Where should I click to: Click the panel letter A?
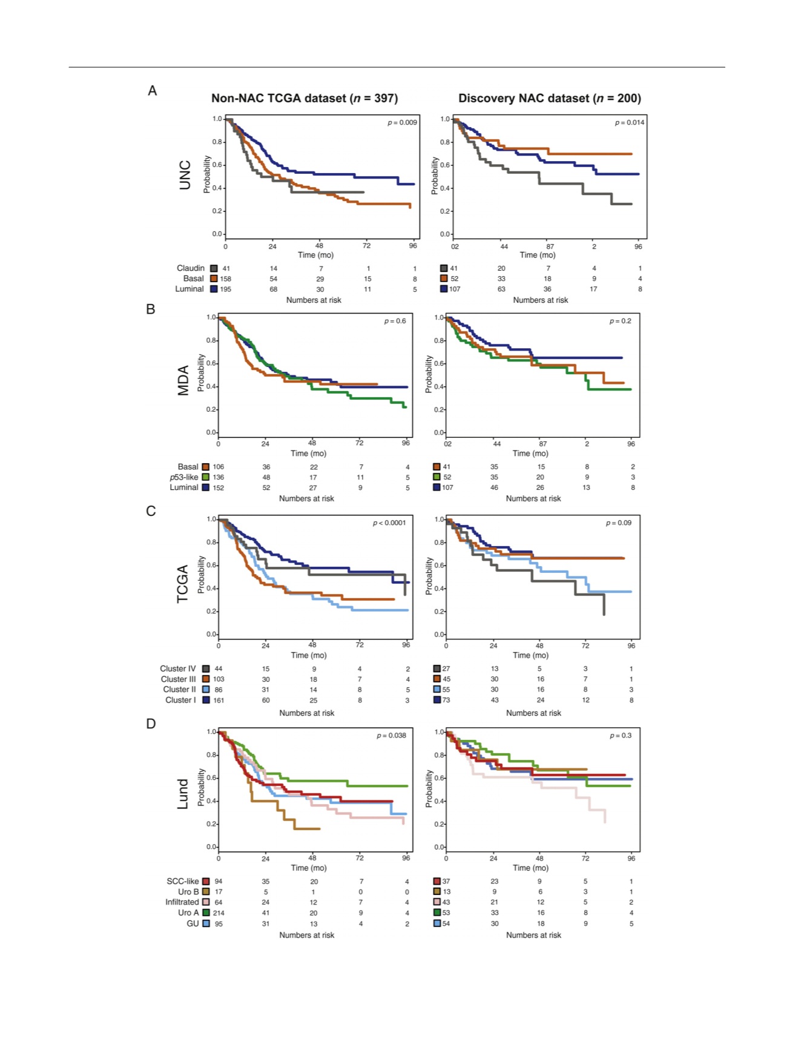pyautogui.click(x=153, y=91)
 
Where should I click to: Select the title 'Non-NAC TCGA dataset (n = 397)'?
pyautogui.click(x=305, y=98)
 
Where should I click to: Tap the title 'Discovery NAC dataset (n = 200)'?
pyautogui.click(x=550, y=98)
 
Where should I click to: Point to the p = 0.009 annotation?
pyautogui.click(x=403, y=122)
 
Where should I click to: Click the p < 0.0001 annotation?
pyautogui.click(x=389, y=523)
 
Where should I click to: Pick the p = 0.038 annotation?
pyautogui.click(x=392, y=735)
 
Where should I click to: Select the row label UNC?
pyautogui.click(x=185, y=175)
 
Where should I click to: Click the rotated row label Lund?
pyautogui.click(x=183, y=794)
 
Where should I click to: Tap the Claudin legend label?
pyautogui.click(x=191, y=268)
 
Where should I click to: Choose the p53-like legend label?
pyautogui.click(x=184, y=477)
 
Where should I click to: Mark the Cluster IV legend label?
pyautogui.click(x=178, y=669)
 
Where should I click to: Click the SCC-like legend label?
pyautogui.click(x=183, y=881)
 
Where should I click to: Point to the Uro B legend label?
pyautogui.click(x=188, y=891)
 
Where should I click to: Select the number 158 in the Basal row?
pyautogui.click(x=226, y=279)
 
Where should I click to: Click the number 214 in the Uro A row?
pyautogui.click(x=219, y=913)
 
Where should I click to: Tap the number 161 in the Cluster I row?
pyautogui.click(x=219, y=701)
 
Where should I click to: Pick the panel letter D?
pyautogui.click(x=151, y=724)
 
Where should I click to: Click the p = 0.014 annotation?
pyautogui.click(x=630, y=122)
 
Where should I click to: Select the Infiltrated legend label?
pyautogui.click(x=182, y=902)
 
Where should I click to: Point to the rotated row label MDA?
pyautogui.click(x=183, y=381)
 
